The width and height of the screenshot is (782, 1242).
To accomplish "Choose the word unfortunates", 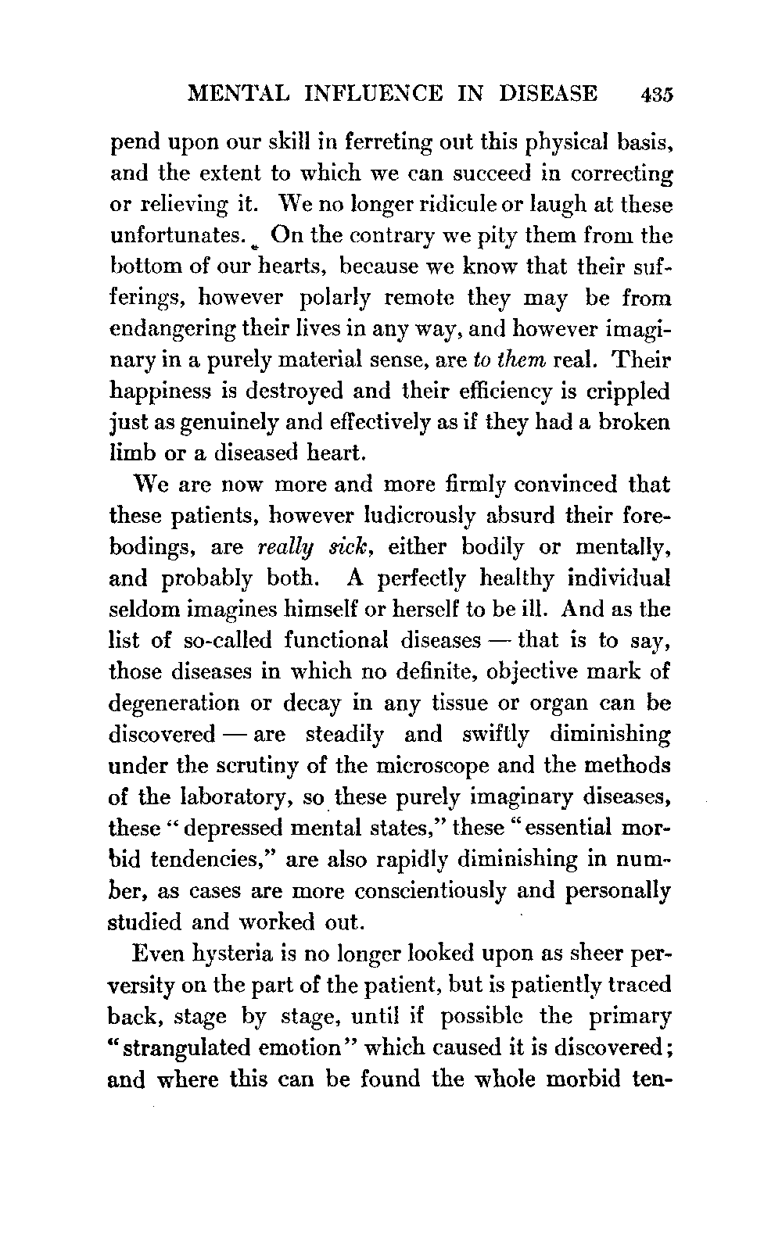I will pos(173,235).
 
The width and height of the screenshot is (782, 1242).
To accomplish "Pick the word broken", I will pos(633,423).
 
